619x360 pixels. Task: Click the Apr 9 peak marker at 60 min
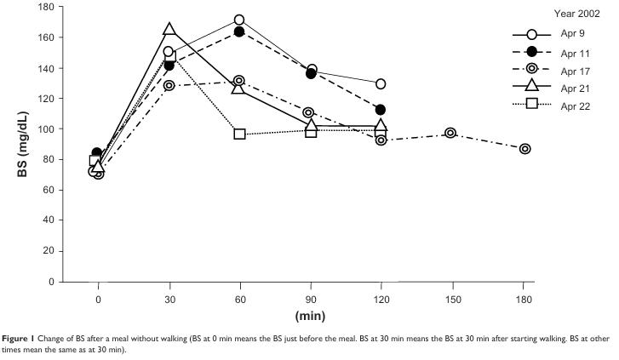pyautogui.click(x=239, y=20)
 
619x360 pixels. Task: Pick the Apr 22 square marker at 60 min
pyautogui.click(x=239, y=134)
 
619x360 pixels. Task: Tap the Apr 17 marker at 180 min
pyautogui.click(x=524, y=148)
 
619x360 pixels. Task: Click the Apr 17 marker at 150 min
pyautogui.click(x=450, y=133)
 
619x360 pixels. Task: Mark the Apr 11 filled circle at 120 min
pyautogui.click(x=380, y=110)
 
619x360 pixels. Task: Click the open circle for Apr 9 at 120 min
pyautogui.click(x=380, y=83)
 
